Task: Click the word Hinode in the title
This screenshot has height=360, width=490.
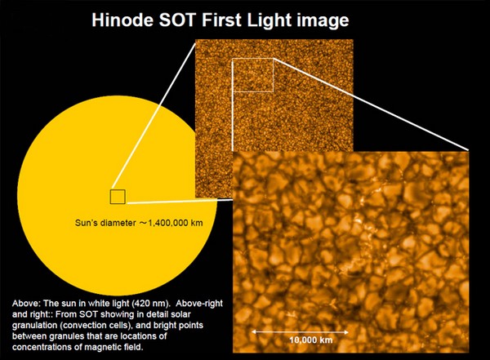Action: point(122,20)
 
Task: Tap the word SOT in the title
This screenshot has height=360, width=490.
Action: point(177,20)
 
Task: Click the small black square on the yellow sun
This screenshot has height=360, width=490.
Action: point(118,197)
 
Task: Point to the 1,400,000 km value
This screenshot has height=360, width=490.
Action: point(171,223)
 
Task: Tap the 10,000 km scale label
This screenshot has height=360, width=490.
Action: point(311,340)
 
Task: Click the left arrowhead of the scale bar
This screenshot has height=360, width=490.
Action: point(254,331)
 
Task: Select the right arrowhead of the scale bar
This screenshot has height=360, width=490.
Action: point(346,332)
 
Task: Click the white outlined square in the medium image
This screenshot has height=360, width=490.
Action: point(232,75)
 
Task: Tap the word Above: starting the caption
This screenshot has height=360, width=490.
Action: point(26,304)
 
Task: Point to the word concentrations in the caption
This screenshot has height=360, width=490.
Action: point(39,347)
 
